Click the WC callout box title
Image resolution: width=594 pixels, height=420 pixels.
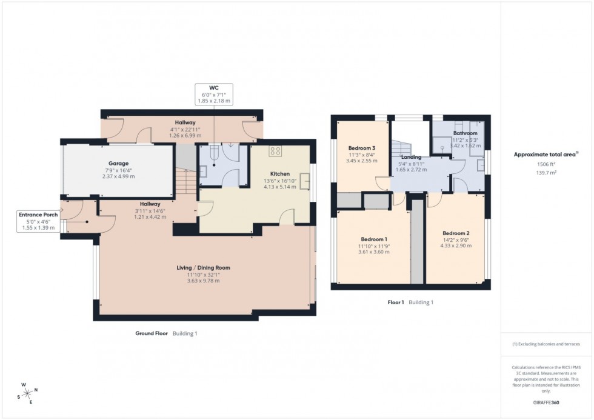214,88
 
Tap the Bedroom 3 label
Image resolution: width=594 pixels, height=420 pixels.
362,148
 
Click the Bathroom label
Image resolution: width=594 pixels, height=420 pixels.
465,133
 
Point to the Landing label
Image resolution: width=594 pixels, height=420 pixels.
411,157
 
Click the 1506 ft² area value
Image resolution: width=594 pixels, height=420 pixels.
547,164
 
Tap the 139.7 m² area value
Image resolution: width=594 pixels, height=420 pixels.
547,173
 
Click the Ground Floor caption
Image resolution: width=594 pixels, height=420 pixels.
152,333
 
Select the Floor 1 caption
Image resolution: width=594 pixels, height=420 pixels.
396,302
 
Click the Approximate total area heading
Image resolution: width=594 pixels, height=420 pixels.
546,155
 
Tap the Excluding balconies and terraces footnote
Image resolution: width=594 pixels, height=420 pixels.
546,344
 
